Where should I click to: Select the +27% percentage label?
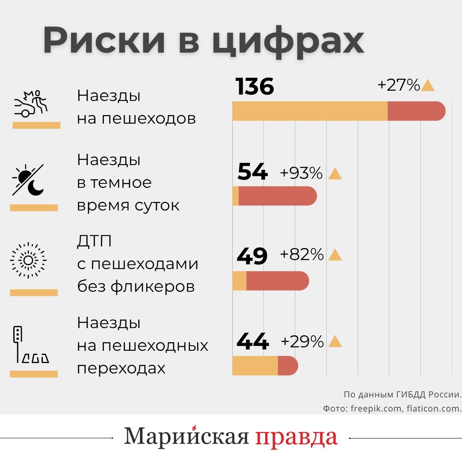point(398,86)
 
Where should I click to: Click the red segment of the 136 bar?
point(416,111)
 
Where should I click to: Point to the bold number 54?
point(252,172)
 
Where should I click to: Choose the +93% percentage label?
point(301,173)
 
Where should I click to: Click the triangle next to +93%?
point(335,174)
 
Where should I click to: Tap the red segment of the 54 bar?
point(277,196)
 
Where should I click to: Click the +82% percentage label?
point(302,255)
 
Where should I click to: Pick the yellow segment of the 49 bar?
point(240,281)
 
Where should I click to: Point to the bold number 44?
point(252,342)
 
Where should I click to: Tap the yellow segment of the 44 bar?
point(255,366)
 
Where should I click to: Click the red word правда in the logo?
point(297,437)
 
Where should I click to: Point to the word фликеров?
point(153,286)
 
